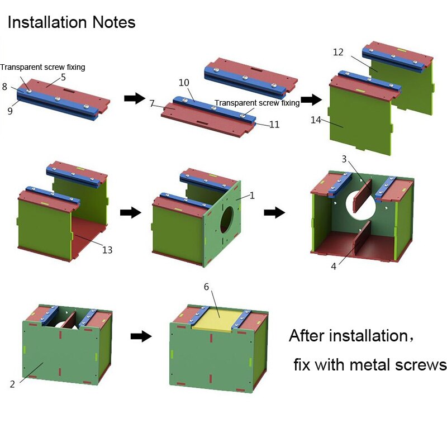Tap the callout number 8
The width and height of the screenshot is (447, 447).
click(x=5, y=87)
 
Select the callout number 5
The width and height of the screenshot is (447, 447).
click(x=63, y=78)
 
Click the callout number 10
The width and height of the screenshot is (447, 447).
click(x=184, y=83)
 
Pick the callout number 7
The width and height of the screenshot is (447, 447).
click(x=153, y=104)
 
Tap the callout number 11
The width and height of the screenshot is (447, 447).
click(x=274, y=124)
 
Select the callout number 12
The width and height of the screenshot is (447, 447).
click(x=338, y=53)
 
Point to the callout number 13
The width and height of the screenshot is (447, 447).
click(x=107, y=249)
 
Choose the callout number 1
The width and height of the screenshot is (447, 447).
click(x=252, y=196)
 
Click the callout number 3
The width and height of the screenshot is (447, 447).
click(x=344, y=160)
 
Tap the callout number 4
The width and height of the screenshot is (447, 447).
click(x=334, y=267)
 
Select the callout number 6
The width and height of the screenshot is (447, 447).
click(x=206, y=287)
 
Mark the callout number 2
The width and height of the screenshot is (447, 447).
click(x=12, y=384)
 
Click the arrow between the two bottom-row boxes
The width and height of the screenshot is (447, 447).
click(x=141, y=336)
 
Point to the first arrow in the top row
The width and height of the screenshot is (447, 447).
click(x=133, y=98)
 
